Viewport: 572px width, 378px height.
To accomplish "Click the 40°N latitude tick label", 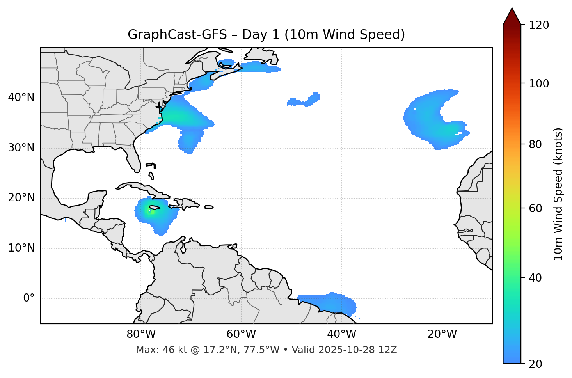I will tap(21, 98).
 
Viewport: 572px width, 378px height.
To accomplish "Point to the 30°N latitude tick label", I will tap(21, 148).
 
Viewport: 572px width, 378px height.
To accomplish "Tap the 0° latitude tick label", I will tap(28, 298).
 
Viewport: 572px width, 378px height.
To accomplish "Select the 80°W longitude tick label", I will tap(141, 334).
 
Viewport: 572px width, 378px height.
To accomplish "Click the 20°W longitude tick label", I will tap(442, 334).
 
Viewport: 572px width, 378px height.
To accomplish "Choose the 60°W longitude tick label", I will tap(241, 334).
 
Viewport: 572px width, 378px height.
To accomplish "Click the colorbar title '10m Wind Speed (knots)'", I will tap(558, 194).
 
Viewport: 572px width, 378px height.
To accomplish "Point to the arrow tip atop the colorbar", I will tap(512, 9).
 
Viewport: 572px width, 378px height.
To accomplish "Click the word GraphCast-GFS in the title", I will tap(177, 35).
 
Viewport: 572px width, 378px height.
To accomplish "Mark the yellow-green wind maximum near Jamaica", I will tap(150, 211).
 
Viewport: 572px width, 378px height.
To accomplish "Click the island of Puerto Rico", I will tap(209, 207).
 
